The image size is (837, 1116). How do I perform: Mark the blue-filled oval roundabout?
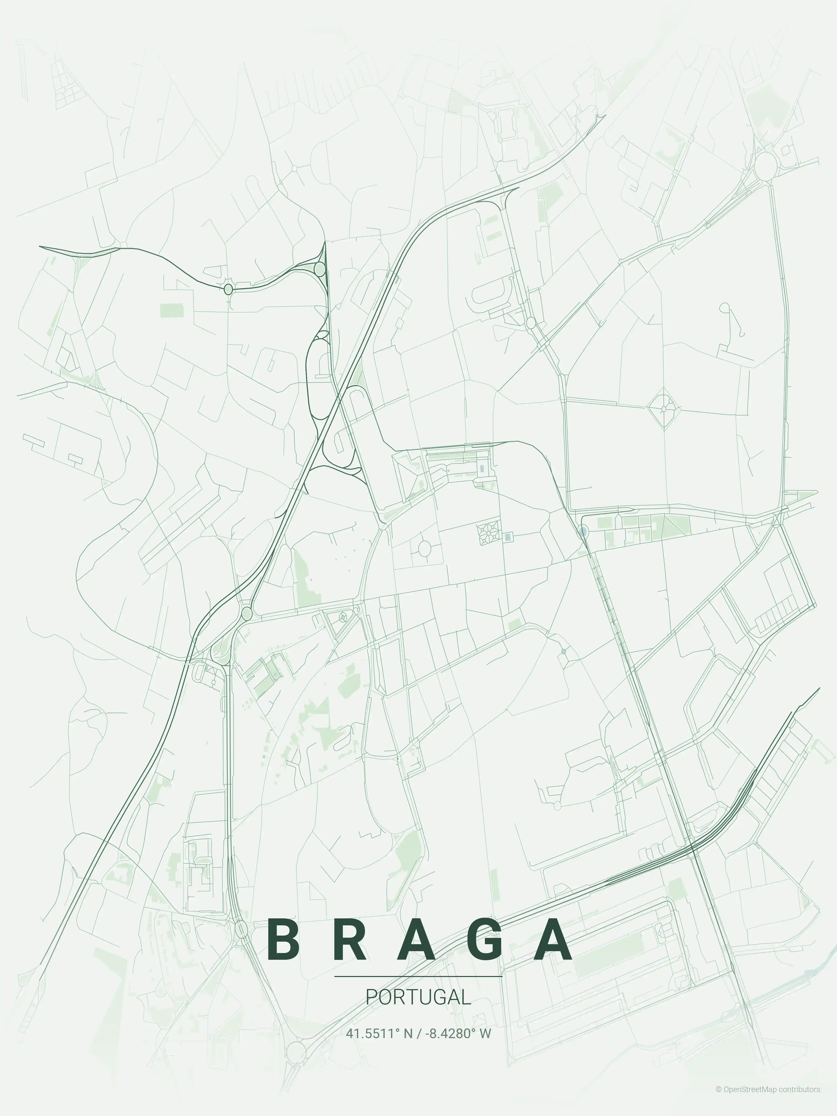[x=583, y=531]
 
